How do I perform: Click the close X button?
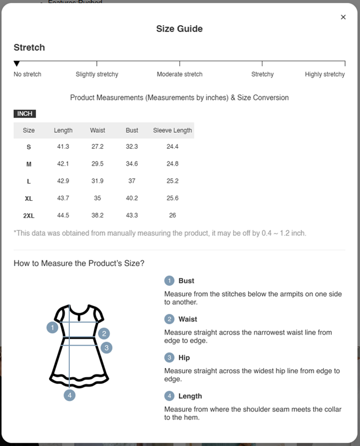[x=343, y=17]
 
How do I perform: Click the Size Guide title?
[x=179, y=29]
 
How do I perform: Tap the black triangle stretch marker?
[x=17, y=63]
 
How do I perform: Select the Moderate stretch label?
[x=179, y=74]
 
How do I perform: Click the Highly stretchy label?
[x=325, y=74]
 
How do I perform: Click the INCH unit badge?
[x=25, y=114]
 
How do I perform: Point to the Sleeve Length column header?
[x=172, y=130]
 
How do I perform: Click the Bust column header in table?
[x=132, y=130]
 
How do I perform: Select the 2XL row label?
[x=29, y=216]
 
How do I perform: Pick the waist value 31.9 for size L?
[x=97, y=181]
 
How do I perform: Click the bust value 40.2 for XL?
[x=132, y=198]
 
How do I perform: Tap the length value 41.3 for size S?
[x=63, y=147]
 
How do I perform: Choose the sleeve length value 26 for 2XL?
[x=172, y=215]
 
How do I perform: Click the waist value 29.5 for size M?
[x=97, y=164]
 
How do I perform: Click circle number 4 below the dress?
[x=70, y=395]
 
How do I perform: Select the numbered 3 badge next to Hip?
[x=169, y=358]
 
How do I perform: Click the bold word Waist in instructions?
[x=187, y=319]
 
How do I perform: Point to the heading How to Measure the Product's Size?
[x=79, y=264]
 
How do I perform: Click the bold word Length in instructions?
[x=190, y=396]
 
